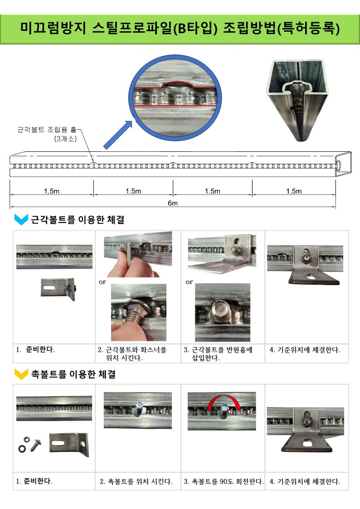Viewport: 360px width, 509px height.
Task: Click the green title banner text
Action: click(180, 28)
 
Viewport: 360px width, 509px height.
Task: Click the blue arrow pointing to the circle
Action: click(118, 135)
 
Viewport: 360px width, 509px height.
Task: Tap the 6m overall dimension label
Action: click(173, 203)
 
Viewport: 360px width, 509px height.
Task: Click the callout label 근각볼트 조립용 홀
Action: click(47, 130)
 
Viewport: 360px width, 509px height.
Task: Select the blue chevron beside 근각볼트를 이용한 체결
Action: click(21, 220)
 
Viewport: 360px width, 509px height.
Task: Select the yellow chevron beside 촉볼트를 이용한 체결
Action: click(21, 374)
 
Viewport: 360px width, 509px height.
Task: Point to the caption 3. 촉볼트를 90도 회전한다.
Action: click(224, 481)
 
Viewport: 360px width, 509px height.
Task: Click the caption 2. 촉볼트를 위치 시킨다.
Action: click(136, 481)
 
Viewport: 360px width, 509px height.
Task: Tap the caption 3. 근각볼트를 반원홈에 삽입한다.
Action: click(218, 354)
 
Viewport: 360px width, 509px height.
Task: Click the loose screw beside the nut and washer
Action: click(35, 445)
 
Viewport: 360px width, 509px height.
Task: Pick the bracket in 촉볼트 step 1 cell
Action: click(69, 444)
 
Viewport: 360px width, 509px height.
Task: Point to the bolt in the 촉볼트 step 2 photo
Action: click(138, 408)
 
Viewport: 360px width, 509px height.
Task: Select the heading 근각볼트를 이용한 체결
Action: click(78, 220)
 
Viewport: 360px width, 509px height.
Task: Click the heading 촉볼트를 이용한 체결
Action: click(73, 374)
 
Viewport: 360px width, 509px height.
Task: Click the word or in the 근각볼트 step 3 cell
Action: click(189, 282)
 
